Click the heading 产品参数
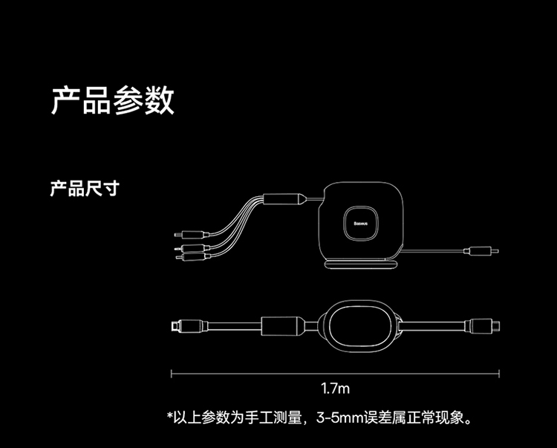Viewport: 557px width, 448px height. (113, 100)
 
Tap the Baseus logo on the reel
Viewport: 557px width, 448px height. (363, 224)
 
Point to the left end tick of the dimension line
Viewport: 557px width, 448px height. (172, 373)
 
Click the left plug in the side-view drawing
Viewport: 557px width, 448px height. (185, 325)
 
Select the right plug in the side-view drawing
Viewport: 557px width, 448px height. (483, 325)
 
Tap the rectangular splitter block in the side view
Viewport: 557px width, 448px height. (283, 325)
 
